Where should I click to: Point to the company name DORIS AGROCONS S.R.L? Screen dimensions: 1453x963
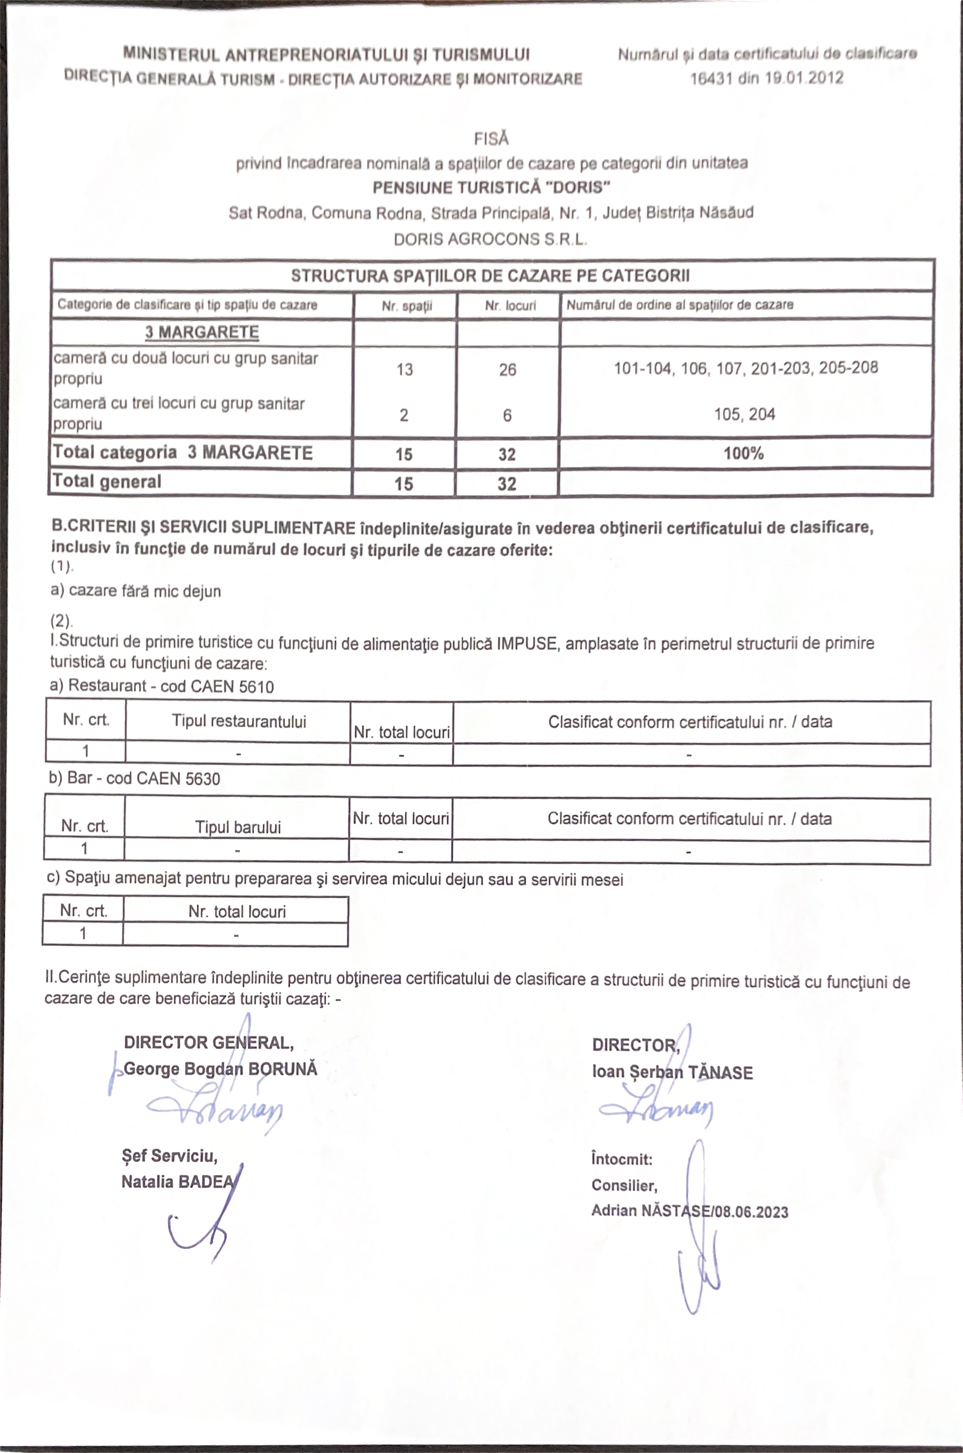pyautogui.click(x=490, y=239)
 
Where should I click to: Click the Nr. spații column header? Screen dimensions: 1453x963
pyautogui.click(x=407, y=306)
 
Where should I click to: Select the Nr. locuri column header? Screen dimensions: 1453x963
pyautogui.click(x=510, y=306)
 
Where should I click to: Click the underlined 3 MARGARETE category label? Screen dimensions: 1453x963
pyautogui.click(x=202, y=332)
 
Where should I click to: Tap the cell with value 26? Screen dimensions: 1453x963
pyautogui.click(x=507, y=369)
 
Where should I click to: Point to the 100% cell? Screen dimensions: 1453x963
pyautogui.click(x=743, y=453)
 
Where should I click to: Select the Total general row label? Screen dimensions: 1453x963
pyautogui.click(x=107, y=481)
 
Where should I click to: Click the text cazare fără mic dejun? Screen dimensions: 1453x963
pyautogui.click(x=144, y=591)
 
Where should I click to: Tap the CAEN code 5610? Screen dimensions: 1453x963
pyautogui.click(x=256, y=686)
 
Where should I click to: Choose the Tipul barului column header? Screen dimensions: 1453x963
pyautogui.click(x=238, y=827)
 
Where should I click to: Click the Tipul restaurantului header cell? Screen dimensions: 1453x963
pyautogui.click(x=239, y=721)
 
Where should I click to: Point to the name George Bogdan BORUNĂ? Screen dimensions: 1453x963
pyautogui.click(x=221, y=1069)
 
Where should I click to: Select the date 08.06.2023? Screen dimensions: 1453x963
pyautogui.click(x=751, y=1212)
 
